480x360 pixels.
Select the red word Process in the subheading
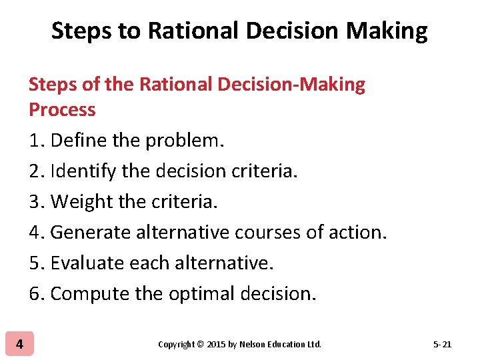[x=62, y=109]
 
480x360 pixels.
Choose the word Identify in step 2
[x=81, y=171]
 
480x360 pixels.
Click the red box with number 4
[x=19, y=344]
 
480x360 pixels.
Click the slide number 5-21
[x=442, y=345]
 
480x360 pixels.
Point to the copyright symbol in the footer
[x=201, y=345]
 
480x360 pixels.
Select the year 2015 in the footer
[x=217, y=345]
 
